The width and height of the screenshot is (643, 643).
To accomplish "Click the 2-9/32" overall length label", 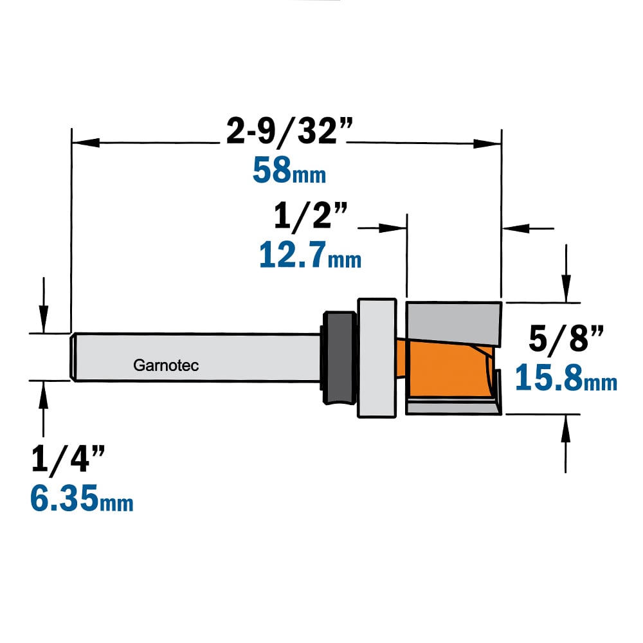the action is click(x=289, y=132).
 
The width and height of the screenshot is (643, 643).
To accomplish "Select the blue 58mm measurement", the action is click(x=289, y=170).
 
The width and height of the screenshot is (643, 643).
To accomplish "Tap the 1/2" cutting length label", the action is click(x=311, y=215).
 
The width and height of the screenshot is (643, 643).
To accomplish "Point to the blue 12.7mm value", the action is click(x=310, y=255).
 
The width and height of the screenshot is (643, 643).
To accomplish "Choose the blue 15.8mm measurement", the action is click(x=566, y=377).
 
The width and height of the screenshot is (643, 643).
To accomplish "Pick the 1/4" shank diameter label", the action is click(x=68, y=460).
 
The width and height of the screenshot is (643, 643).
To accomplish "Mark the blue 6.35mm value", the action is click(x=82, y=498).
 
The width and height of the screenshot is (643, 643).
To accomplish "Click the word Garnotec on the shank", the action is click(x=166, y=365).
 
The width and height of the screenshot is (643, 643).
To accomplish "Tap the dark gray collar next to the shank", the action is click(x=339, y=358).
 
